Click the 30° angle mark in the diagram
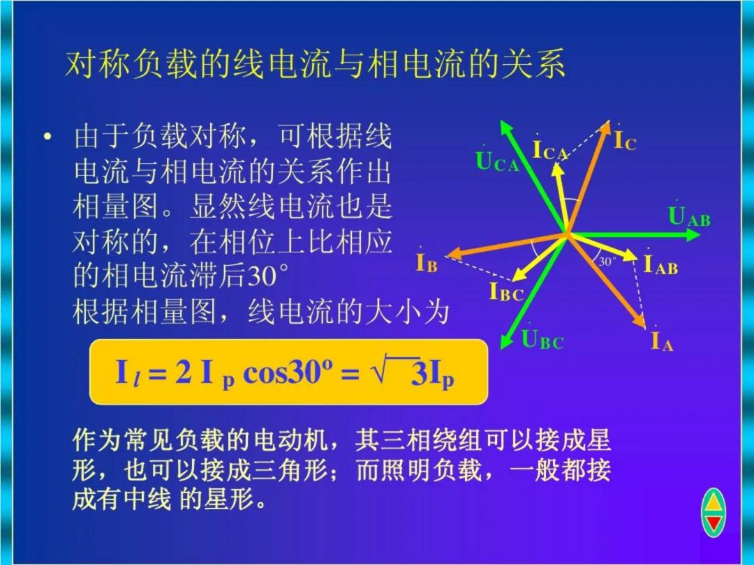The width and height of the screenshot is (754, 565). point(607,262)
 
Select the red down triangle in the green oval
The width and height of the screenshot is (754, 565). point(714,523)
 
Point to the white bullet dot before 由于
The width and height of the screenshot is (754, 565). point(47,137)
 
